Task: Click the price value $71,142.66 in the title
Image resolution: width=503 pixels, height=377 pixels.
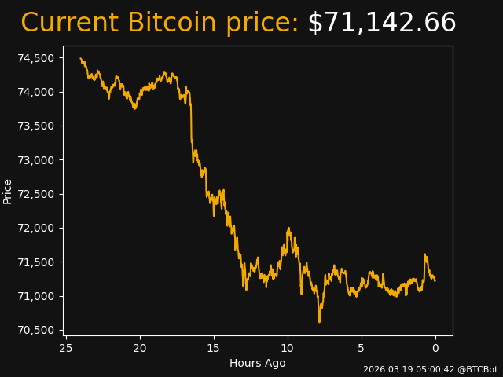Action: pyautogui.click(x=381, y=24)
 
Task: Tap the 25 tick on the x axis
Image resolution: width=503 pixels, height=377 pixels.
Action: pyautogui.click(x=66, y=348)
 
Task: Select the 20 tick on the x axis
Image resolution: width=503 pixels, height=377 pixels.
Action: pyautogui.click(x=140, y=348)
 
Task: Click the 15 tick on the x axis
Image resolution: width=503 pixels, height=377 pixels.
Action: pyautogui.click(x=214, y=348)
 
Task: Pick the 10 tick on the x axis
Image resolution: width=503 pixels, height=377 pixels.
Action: pyautogui.click(x=288, y=348)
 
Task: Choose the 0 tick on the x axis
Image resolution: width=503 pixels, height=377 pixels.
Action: pyautogui.click(x=435, y=348)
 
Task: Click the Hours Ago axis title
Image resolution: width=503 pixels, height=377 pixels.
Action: pyautogui.click(x=258, y=363)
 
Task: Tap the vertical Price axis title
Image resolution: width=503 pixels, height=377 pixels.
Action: pyautogui.click(x=8, y=191)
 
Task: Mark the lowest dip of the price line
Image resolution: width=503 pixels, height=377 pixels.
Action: pyautogui.click(x=319, y=321)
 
